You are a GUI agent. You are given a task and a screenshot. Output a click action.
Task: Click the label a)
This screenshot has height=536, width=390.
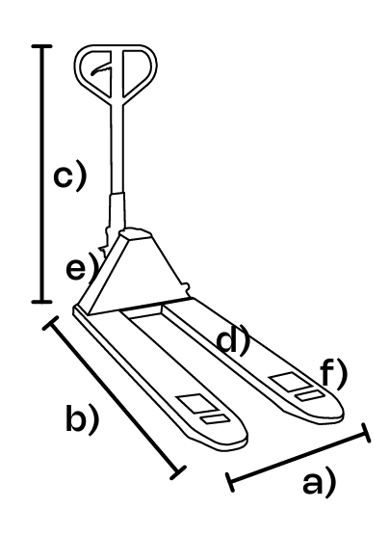(320, 483)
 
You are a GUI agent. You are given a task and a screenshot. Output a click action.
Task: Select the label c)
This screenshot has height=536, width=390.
(70, 175)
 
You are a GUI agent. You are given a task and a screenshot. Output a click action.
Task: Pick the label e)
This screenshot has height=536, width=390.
(81, 268)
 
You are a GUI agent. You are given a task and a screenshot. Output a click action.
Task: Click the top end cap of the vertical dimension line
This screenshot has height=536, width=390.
(42, 46)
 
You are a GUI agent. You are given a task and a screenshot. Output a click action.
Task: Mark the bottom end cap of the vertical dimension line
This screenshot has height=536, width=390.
(42, 302)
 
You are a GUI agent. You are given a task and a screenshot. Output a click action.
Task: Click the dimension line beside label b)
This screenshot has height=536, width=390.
(115, 396)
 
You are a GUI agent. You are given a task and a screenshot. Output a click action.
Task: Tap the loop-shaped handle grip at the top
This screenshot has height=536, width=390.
(117, 71)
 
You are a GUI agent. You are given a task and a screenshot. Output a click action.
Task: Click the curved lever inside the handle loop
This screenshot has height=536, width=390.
(101, 70)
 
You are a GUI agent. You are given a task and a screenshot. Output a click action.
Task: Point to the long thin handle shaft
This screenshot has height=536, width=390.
(117, 147)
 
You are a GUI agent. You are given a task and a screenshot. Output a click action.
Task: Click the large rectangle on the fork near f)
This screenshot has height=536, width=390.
(290, 381)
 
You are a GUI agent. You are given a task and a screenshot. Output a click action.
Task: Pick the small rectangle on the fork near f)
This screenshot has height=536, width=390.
(310, 395)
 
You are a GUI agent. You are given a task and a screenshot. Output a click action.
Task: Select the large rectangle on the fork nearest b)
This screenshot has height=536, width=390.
(195, 403)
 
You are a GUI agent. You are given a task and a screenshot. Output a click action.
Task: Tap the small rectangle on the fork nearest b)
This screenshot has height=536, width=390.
(215, 419)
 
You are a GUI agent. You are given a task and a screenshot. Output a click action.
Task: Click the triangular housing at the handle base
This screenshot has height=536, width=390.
(137, 274)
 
